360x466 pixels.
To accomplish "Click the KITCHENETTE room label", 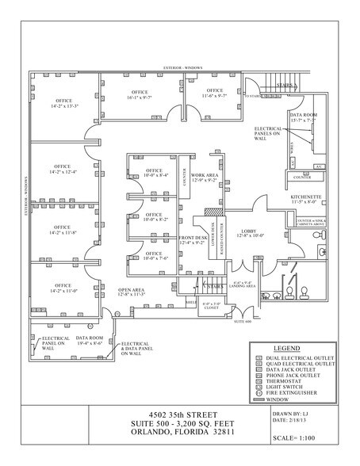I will [x=303, y=198].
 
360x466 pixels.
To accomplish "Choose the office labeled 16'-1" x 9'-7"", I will [x=145, y=94].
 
